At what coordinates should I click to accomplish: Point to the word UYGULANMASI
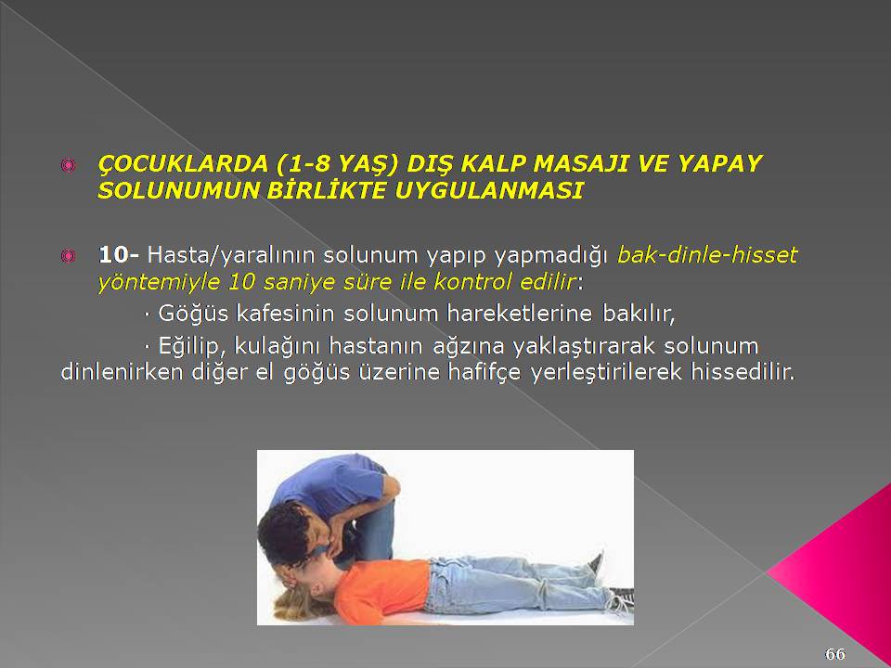click(x=489, y=190)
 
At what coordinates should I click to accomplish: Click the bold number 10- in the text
click(x=118, y=255)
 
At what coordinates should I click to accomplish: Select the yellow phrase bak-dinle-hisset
click(x=707, y=255)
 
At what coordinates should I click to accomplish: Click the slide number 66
click(x=834, y=654)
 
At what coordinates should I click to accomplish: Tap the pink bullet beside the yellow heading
click(x=68, y=165)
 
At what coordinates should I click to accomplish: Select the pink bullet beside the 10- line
click(x=68, y=257)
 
